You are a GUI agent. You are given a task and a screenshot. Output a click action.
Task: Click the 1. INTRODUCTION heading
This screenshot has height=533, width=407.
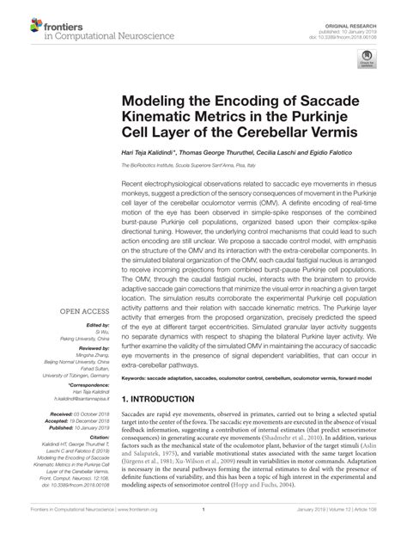[x=167, y=400]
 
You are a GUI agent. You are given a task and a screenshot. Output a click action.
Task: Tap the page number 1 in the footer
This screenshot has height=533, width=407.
[x=203, y=521]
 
